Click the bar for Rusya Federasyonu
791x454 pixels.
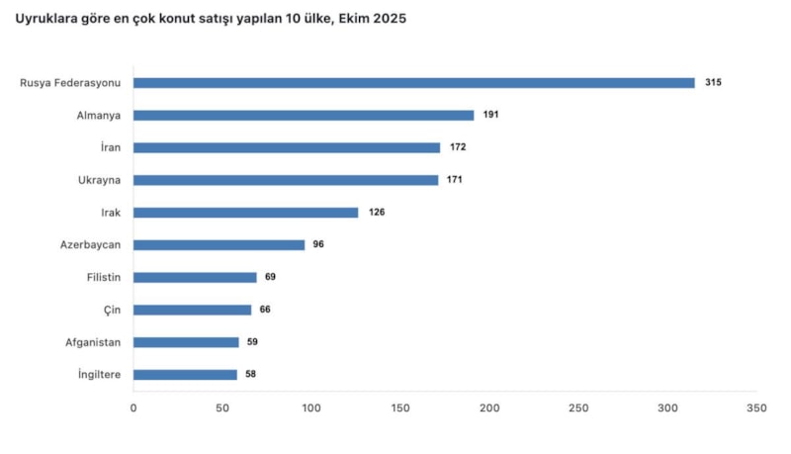414,83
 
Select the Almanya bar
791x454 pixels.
304,115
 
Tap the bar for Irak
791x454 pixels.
246,213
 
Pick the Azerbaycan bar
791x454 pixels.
220,244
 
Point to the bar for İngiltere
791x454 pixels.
185,375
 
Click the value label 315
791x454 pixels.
713,83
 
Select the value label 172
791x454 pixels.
457,147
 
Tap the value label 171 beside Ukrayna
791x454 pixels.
454,180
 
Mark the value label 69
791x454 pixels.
270,277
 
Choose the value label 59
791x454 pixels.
252,342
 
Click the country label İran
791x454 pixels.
111,147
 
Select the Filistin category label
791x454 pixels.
104,277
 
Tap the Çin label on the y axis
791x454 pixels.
113,310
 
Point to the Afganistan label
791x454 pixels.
93,342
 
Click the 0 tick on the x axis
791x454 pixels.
133,408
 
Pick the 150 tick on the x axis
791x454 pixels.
400,408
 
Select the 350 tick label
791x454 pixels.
756,408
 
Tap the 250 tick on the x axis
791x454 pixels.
578,408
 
